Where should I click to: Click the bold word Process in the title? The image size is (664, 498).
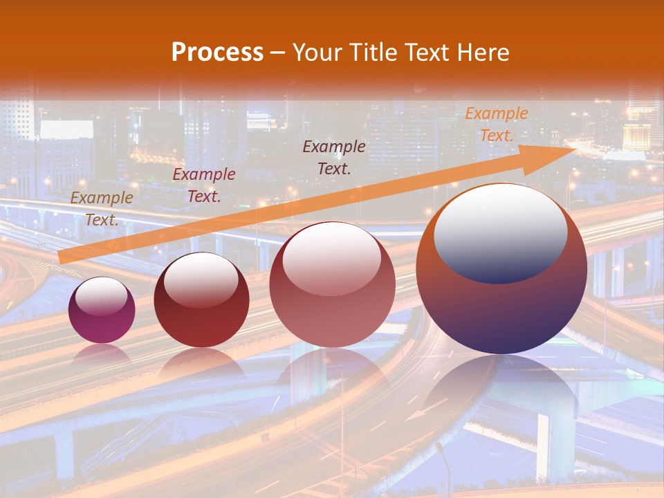click(217, 53)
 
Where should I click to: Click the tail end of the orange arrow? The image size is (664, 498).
click(62, 258)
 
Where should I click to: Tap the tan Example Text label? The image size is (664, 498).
click(101, 208)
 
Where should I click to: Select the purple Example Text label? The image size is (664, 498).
click(203, 185)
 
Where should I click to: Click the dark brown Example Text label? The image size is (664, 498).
click(334, 157)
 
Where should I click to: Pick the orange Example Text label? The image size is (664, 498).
click(496, 124)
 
